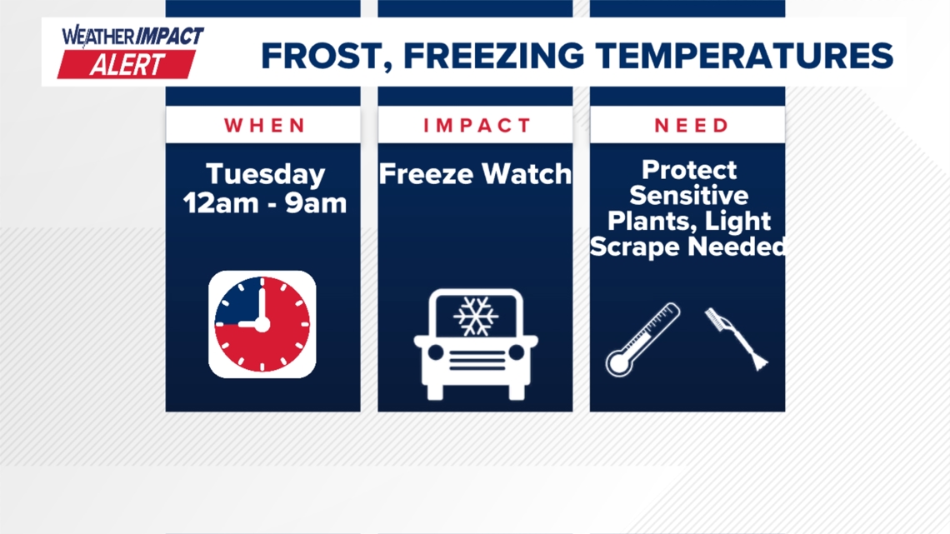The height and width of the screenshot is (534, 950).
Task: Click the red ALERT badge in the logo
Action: (x=127, y=64)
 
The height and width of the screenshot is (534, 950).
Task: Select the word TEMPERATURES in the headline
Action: (x=745, y=56)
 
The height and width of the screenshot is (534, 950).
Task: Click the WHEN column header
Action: (x=265, y=125)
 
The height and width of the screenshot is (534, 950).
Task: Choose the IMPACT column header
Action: (x=477, y=125)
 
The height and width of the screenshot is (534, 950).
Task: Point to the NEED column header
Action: (x=692, y=125)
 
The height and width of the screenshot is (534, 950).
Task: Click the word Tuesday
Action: (x=265, y=175)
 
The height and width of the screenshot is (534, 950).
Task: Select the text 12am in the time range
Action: (x=221, y=203)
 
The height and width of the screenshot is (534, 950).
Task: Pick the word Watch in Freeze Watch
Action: (x=527, y=174)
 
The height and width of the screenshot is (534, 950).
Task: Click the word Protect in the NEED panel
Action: (x=689, y=171)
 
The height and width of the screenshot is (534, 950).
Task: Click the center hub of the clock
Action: (x=262, y=325)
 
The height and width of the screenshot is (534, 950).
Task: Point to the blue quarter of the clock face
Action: (x=238, y=301)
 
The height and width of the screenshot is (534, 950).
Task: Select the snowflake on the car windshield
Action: (x=476, y=316)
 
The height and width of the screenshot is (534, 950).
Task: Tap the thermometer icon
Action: (x=642, y=340)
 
